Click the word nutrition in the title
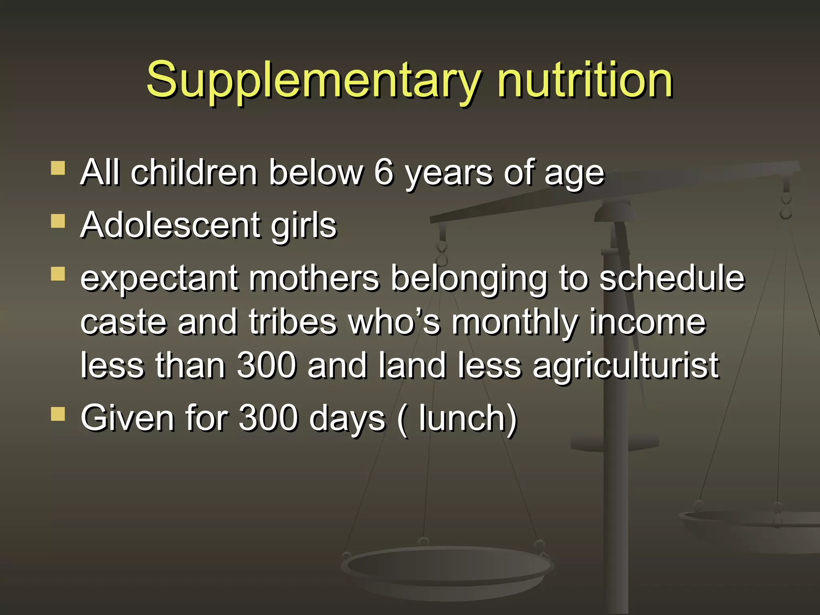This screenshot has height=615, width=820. [585, 80]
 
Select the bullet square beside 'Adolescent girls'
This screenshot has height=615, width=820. [58, 221]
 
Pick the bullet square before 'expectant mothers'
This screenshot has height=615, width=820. [58, 274]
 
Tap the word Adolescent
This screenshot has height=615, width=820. [170, 225]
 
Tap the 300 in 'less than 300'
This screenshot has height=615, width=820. [266, 365]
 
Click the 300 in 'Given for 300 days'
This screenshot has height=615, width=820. [268, 418]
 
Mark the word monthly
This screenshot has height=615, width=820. [515, 323]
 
